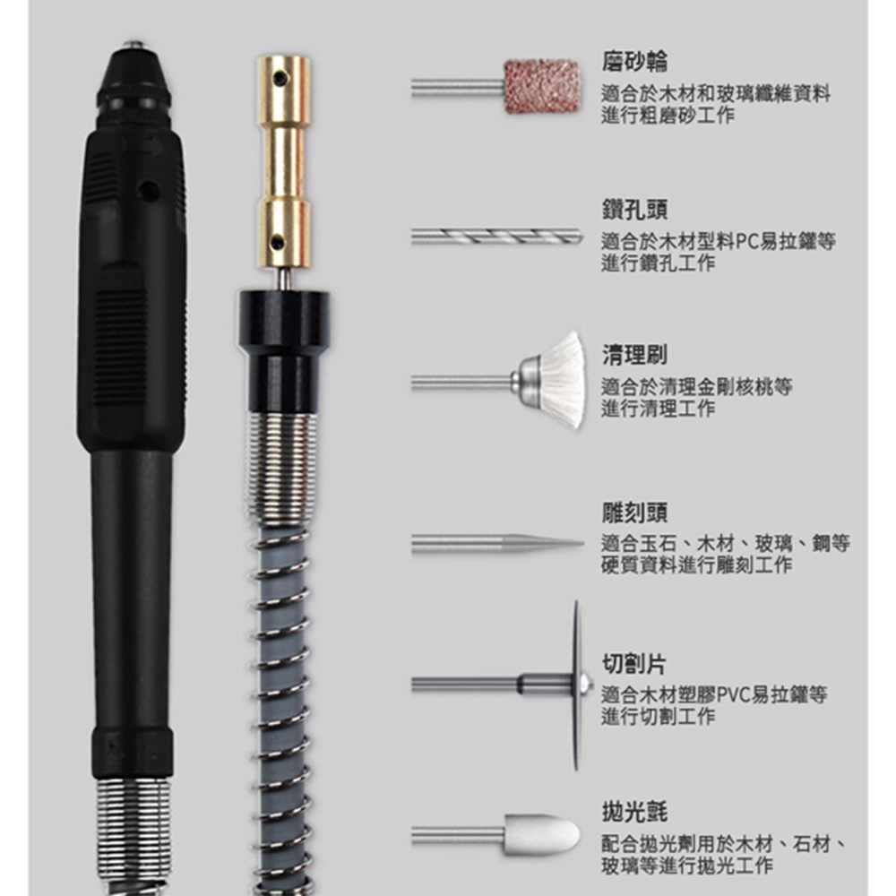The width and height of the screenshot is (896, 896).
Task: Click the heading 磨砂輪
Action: [x=634, y=62]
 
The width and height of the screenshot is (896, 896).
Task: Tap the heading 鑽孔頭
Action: [x=634, y=210]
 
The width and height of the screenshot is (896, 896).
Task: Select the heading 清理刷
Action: [x=634, y=355]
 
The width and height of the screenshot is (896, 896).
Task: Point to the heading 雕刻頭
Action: [x=634, y=513]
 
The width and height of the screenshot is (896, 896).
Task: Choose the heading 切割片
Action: [x=634, y=664]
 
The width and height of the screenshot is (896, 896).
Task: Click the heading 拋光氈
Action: [x=634, y=812]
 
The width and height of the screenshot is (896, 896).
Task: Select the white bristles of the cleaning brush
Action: [x=563, y=380]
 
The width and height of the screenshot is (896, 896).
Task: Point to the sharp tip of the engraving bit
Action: [x=582, y=544]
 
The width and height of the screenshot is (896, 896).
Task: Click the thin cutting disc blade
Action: [x=576, y=685]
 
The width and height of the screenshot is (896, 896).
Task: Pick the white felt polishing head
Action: [x=542, y=835]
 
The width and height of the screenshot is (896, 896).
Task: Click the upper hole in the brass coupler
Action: [x=280, y=76]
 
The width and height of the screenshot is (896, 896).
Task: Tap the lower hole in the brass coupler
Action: [x=279, y=242]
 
